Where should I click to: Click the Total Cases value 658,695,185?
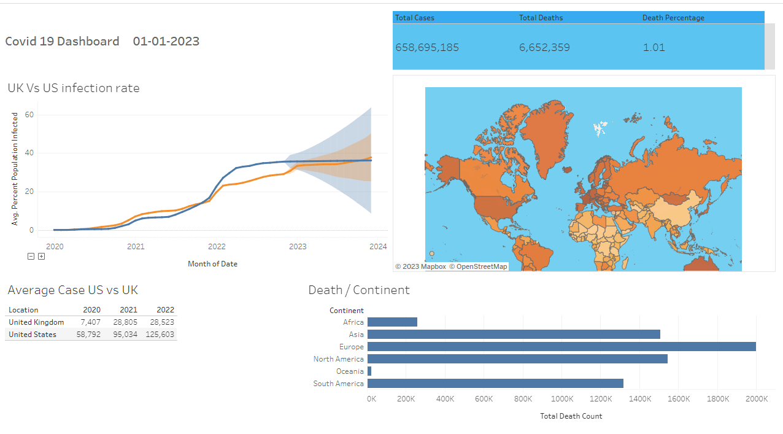pyautogui.click(x=427, y=48)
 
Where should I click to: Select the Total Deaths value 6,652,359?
pyautogui.click(x=544, y=48)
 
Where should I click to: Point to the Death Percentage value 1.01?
pyautogui.click(x=654, y=48)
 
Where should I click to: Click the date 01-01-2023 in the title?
pyautogui.click(x=166, y=41)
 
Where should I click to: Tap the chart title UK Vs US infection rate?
pyautogui.click(x=74, y=88)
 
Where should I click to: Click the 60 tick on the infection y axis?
pyautogui.click(x=29, y=115)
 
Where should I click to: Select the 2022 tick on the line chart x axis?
pyautogui.click(x=217, y=247)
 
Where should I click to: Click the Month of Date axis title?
pyautogui.click(x=212, y=264)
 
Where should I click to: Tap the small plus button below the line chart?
pyautogui.click(x=41, y=257)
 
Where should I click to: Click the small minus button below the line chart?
pyautogui.click(x=31, y=257)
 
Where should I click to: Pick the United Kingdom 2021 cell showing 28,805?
pyautogui.click(x=129, y=322)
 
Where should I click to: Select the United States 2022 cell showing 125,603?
pyautogui.click(x=160, y=335)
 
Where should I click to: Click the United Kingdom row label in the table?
pyautogui.click(x=36, y=322)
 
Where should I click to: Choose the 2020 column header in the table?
pyautogui.click(x=91, y=310)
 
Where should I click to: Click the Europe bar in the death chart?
pyautogui.click(x=561, y=347)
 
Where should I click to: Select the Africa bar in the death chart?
pyautogui.click(x=392, y=322)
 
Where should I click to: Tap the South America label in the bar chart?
pyautogui.click(x=338, y=384)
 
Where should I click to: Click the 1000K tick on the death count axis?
pyautogui.click(x=561, y=399)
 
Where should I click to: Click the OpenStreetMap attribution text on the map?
pyautogui.click(x=478, y=266)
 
